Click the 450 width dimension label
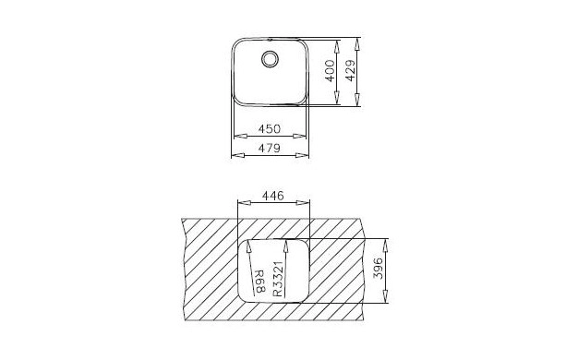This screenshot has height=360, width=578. (269, 129)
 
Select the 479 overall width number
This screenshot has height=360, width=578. (269, 148)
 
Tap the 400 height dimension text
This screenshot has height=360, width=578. (330, 71)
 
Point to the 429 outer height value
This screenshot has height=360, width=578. (351, 71)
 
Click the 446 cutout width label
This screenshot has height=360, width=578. (272, 196)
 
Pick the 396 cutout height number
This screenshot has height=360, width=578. (379, 269)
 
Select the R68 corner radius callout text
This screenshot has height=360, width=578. (260, 282)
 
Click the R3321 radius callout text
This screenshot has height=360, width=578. (278, 279)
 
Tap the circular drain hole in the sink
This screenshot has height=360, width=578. (270, 59)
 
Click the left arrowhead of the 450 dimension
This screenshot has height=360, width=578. (240, 136)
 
